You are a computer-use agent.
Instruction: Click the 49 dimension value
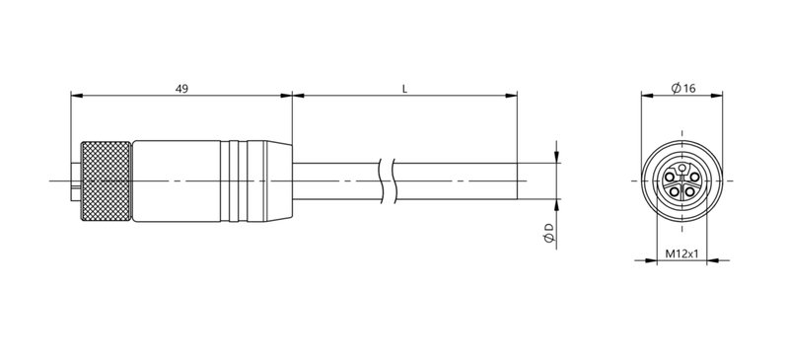(x=181, y=89)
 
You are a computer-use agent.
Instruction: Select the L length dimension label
(x=405, y=89)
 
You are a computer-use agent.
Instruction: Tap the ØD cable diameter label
(x=547, y=234)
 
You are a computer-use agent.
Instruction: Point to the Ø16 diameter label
(x=683, y=89)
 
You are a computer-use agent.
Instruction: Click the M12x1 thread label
(x=682, y=254)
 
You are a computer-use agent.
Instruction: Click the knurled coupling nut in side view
(x=106, y=181)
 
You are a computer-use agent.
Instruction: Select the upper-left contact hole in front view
(x=671, y=176)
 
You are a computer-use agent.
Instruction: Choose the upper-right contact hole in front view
(x=694, y=176)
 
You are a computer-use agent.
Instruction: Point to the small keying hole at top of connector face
(x=682, y=168)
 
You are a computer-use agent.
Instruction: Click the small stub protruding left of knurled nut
(x=73, y=181)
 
